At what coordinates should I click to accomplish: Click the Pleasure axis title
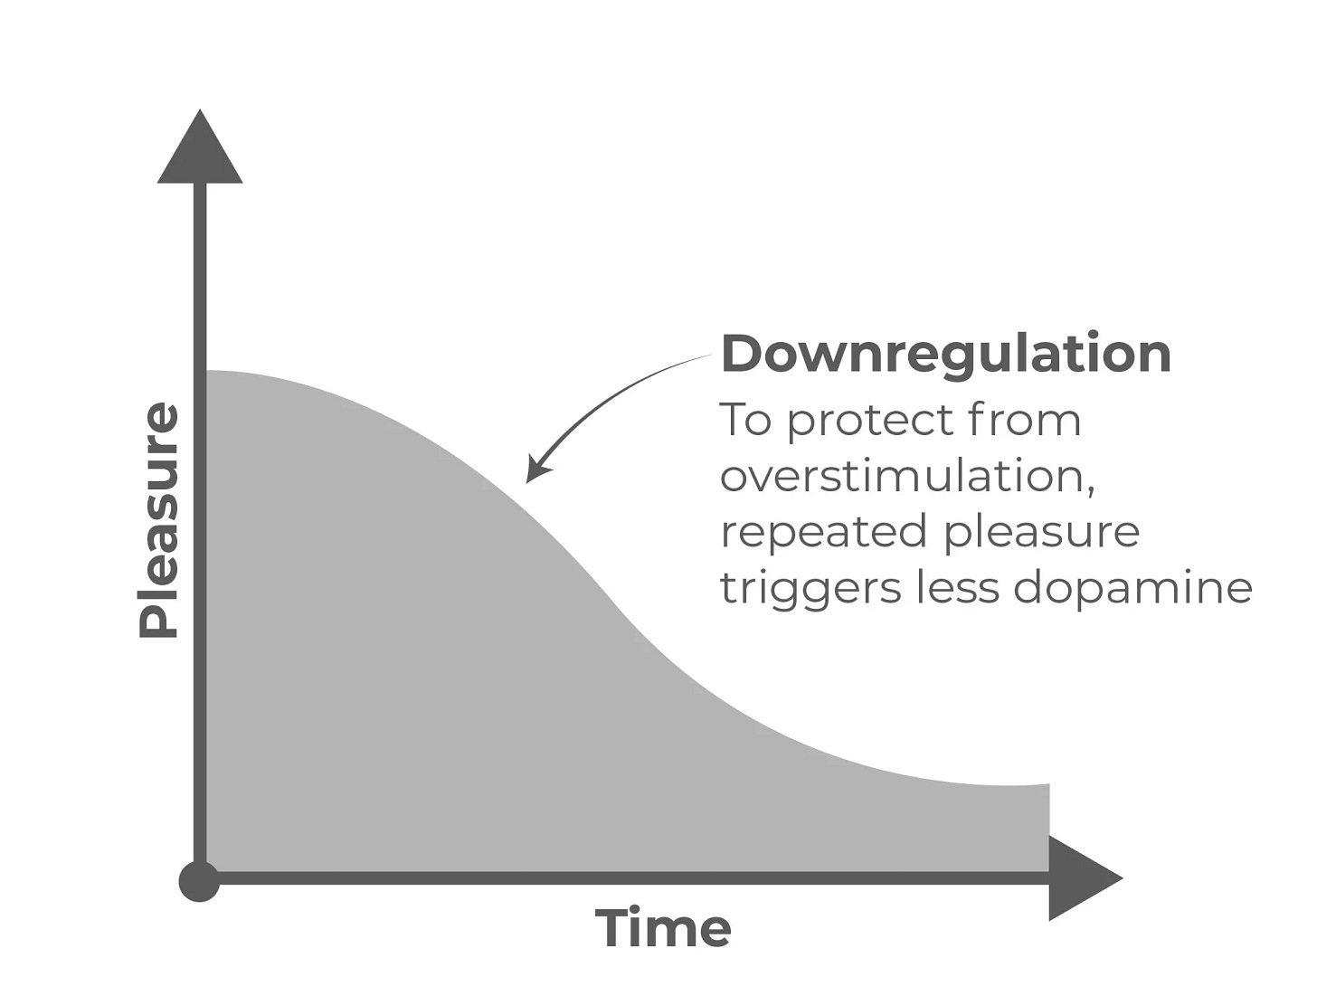[x=159, y=520]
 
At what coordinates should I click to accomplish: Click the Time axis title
[x=662, y=928]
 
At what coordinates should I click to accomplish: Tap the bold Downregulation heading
[x=945, y=353]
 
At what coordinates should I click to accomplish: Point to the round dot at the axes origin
[x=199, y=881]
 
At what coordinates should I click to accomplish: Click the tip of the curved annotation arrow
[x=530, y=479]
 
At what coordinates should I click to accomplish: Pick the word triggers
[x=810, y=589]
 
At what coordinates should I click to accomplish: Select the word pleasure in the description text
[x=1041, y=532]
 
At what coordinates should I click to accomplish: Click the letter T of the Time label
[x=611, y=927]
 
